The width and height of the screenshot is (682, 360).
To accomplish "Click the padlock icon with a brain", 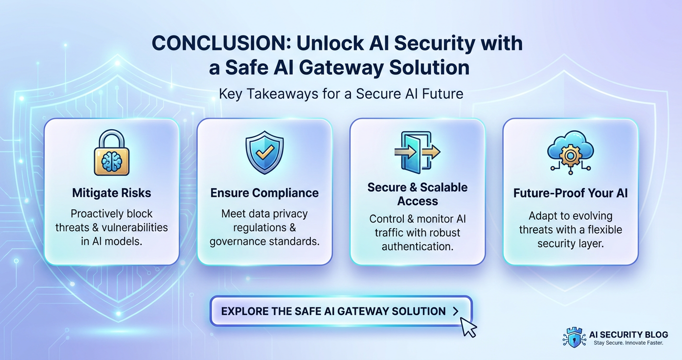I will click(x=112, y=154).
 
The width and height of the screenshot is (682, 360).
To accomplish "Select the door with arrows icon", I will click(x=417, y=152).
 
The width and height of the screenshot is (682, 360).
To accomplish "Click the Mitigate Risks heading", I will click(x=112, y=193).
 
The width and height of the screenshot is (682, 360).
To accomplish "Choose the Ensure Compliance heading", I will click(x=264, y=193).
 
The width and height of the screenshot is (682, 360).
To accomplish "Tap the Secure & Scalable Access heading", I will click(x=417, y=194).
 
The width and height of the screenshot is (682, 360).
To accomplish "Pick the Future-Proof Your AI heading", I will click(x=570, y=193).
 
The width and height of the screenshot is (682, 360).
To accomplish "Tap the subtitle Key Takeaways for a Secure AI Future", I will click(x=341, y=93).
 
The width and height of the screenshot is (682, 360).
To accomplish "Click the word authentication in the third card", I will click(x=417, y=247).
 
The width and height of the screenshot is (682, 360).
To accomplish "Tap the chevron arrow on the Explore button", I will click(x=455, y=311).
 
